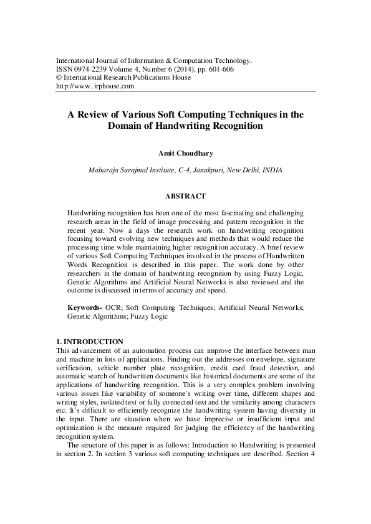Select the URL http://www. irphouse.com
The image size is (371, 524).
coord(95,87)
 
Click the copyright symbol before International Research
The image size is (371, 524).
coord(59,78)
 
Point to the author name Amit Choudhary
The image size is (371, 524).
coord(185,151)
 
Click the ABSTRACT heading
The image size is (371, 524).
coord(185,197)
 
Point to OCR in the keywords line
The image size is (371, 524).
coord(113,308)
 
